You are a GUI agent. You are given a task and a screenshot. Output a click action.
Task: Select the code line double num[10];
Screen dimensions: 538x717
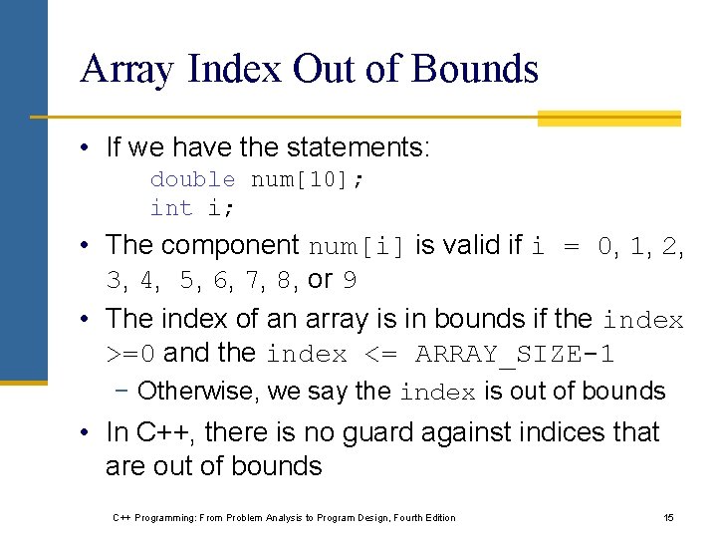pyautogui.click(x=257, y=179)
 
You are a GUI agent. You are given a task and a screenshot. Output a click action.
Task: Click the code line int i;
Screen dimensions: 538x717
pyautogui.click(x=185, y=208)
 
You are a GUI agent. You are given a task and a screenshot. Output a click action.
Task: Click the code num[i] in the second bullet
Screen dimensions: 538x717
pyautogui.click(x=358, y=246)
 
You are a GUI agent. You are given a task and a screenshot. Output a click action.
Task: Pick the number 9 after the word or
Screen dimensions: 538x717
pyautogui.click(x=350, y=281)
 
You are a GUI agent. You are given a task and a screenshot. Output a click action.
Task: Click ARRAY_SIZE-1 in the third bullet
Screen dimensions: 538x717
pyautogui.click(x=515, y=355)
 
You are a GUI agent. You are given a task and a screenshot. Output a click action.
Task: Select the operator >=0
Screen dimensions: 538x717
pyautogui.click(x=131, y=355)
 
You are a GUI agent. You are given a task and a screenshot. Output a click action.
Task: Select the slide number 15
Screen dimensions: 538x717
pyautogui.click(x=668, y=517)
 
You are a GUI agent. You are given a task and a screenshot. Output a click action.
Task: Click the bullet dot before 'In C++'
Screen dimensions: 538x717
pyautogui.click(x=89, y=433)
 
